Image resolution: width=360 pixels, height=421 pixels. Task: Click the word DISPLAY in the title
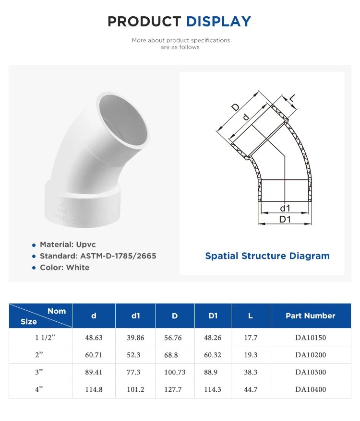[218, 22]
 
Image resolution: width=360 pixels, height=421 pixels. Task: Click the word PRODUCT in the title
[144, 22]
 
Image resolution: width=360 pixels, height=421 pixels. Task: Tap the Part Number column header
[310, 316]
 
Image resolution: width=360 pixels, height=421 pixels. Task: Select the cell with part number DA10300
[310, 372]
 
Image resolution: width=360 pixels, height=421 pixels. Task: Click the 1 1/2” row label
[46, 338]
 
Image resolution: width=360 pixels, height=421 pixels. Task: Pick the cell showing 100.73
[173, 372]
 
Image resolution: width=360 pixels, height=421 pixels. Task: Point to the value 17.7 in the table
[251, 338]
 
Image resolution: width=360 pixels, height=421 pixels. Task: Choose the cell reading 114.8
[94, 389]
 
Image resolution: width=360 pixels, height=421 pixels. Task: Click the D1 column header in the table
[213, 316]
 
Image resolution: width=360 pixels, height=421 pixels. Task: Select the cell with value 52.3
[135, 355]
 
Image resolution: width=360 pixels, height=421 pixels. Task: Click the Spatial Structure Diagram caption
[267, 256]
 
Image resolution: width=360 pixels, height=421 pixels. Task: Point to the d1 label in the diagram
[285, 208]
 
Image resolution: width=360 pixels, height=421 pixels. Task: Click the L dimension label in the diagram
[292, 99]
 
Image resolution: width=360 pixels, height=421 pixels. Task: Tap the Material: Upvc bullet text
[68, 245]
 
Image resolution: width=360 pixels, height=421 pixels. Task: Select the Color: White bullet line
[64, 268]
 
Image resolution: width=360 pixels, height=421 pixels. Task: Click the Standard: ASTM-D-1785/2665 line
[98, 256]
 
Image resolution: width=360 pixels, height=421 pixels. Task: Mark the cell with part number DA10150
[310, 338]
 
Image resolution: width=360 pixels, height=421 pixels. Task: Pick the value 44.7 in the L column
[251, 389]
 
